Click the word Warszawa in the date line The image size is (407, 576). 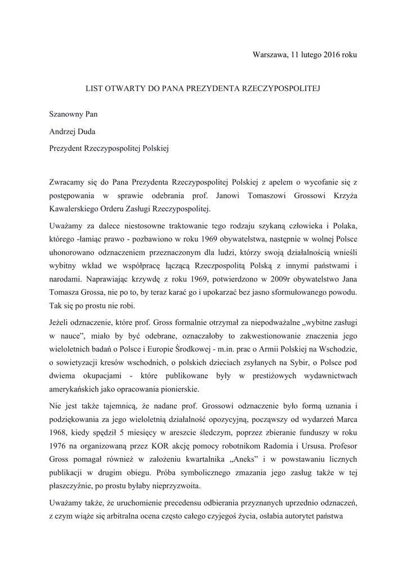pos(270,55)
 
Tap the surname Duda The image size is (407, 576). pos(92,132)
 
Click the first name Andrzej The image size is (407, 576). pos(64,132)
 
